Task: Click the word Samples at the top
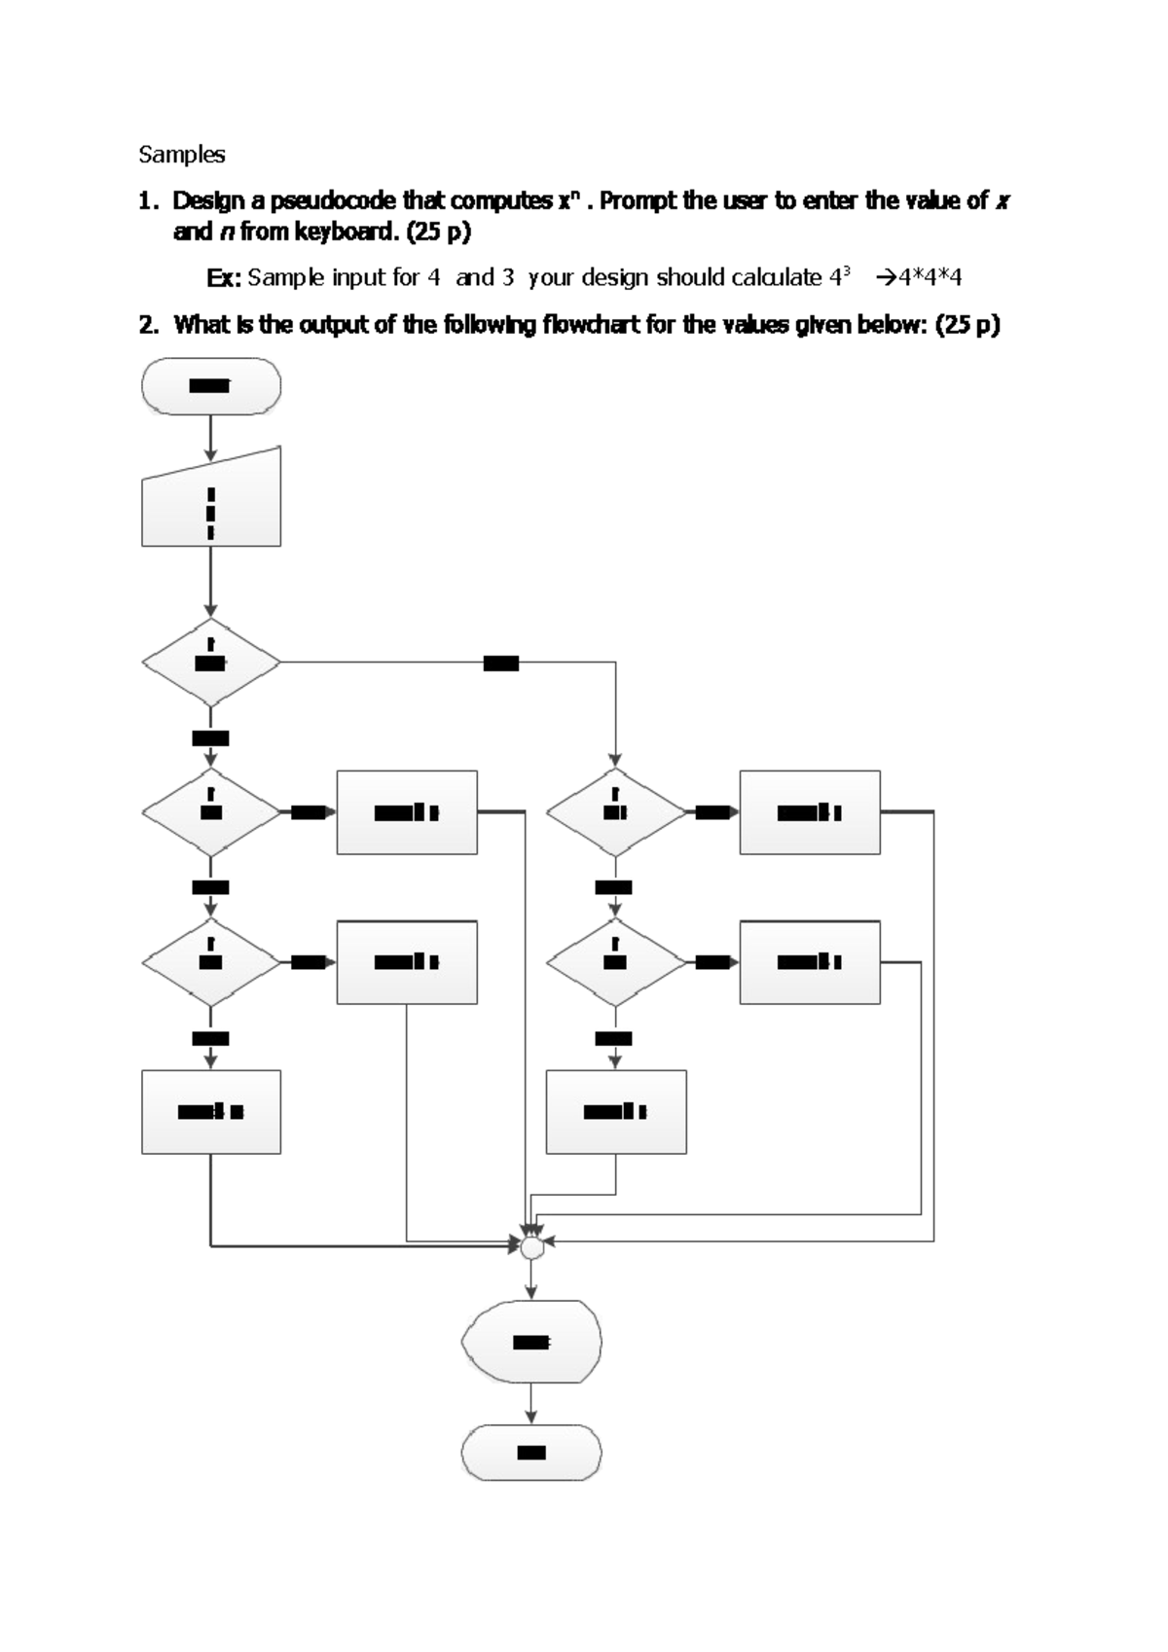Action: coord(182,155)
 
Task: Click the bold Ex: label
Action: coord(224,278)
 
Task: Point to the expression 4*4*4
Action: coord(930,278)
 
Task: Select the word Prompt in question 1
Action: coord(638,201)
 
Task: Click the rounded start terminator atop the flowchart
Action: coord(211,386)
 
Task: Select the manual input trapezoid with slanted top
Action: coord(211,501)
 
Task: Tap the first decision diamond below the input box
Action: coord(211,663)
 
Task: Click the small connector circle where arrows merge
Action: coord(531,1247)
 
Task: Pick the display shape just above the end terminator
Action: coord(531,1342)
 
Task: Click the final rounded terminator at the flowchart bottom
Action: coord(531,1453)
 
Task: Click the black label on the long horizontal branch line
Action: coord(501,664)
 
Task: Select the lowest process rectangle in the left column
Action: coord(211,1112)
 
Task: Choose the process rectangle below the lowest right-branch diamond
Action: coord(616,1112)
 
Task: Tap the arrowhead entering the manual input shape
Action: coord(211,454)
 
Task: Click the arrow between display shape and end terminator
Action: coord(531,1404)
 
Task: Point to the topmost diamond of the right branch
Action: coord(616,812)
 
